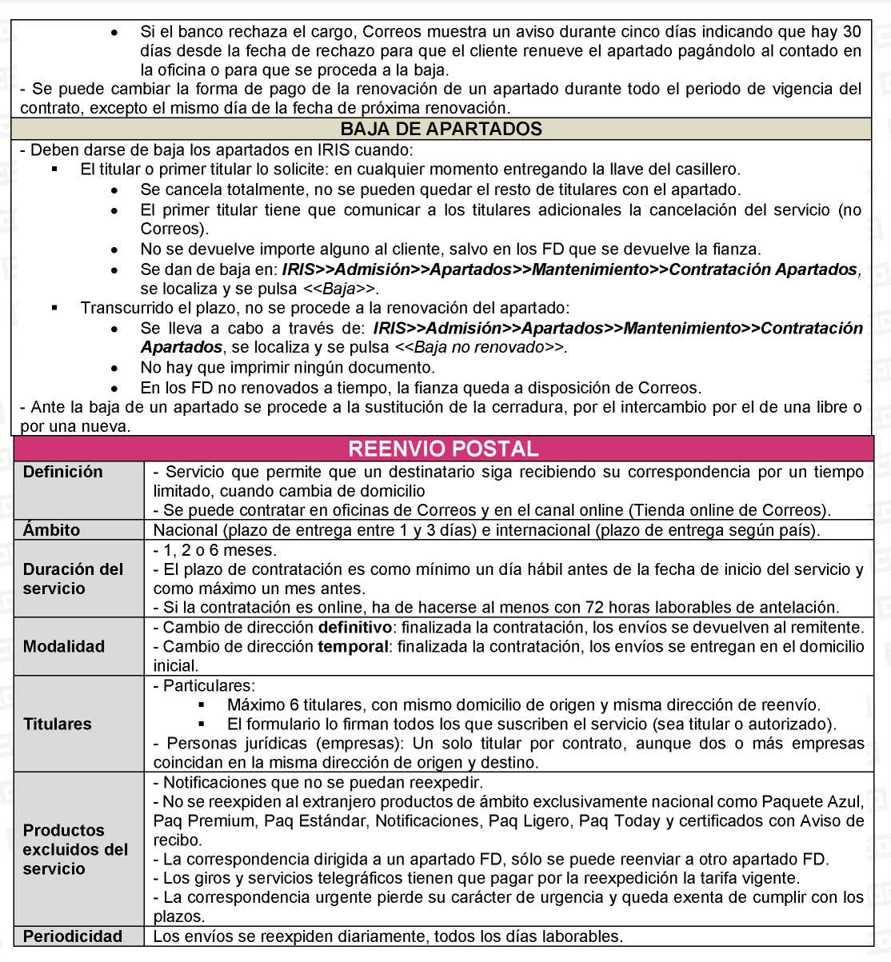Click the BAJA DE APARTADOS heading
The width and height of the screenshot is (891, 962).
point(441,130)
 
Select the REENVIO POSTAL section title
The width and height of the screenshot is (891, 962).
point(443,449)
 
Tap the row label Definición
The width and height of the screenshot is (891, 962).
point(63,472)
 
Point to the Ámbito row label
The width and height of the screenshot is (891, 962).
point(52,530)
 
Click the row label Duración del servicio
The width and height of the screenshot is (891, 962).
point(73,579)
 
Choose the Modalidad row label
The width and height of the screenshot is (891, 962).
point(64,646)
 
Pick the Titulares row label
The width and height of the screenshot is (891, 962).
point(58,724)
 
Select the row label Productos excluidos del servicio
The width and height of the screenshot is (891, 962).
point(75,849)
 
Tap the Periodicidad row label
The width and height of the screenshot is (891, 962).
point(73,936)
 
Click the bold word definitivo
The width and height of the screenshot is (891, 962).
point(354,628)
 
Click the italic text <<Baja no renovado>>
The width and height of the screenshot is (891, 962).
point(480,348)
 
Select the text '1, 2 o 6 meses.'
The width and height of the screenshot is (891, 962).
point(214,550)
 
